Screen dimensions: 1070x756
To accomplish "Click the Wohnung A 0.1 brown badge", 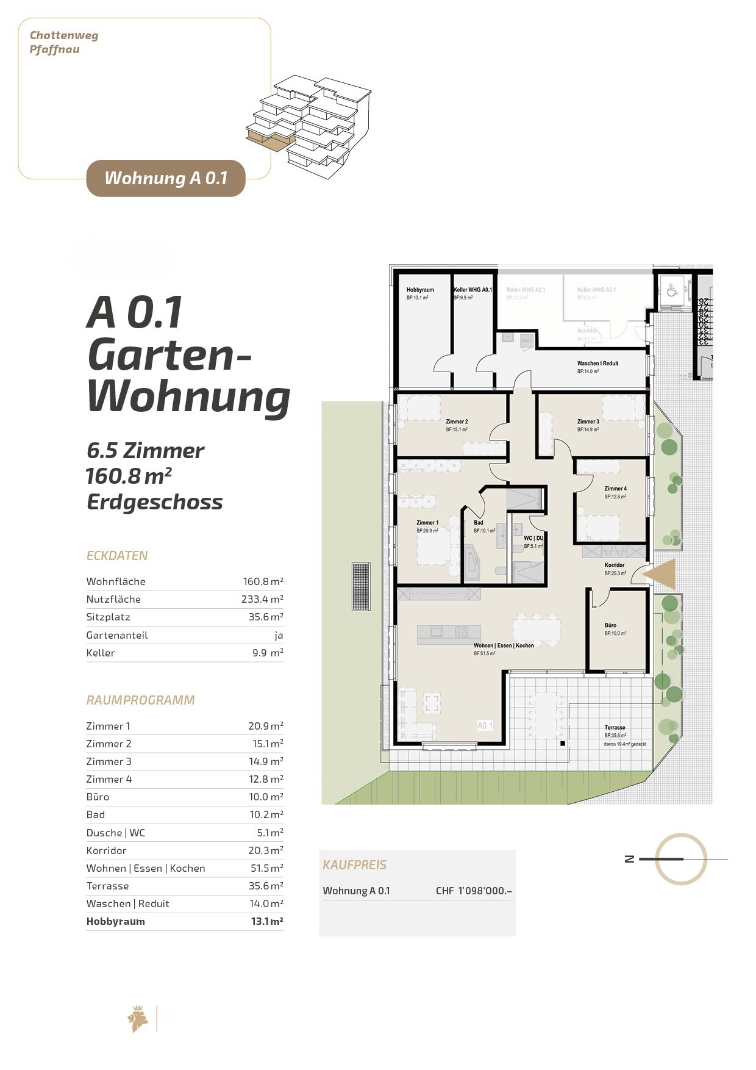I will click(166, 178).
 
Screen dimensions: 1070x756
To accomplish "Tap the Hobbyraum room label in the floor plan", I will click(420, 290).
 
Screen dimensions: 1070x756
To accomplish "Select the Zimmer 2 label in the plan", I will click(457, 422).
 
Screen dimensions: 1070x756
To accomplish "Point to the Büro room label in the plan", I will click(610, 625).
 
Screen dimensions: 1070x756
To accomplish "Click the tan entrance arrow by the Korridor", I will click(660, 574).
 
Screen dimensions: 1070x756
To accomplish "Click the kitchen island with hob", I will click(449, 634).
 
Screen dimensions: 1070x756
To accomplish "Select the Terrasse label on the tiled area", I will click(615, 727).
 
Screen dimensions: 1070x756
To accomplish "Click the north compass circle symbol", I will click(681, 859).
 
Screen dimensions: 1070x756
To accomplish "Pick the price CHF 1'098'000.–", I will click(474, 891).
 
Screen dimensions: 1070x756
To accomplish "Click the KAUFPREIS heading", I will click(354, 865).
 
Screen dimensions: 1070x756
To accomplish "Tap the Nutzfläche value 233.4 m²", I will click(262, 599).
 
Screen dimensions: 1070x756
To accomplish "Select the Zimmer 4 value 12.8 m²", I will click(266, 779).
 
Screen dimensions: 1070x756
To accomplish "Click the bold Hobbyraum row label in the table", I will click(116, 921).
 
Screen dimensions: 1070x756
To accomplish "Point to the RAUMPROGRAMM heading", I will click(141, 700).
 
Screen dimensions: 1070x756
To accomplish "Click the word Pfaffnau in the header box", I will click(54, 49).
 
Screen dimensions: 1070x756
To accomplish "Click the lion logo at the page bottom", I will click(138, 1019).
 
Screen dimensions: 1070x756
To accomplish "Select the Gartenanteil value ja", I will click(279, 635).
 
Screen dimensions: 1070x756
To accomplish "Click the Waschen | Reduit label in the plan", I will click(597, 363).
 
